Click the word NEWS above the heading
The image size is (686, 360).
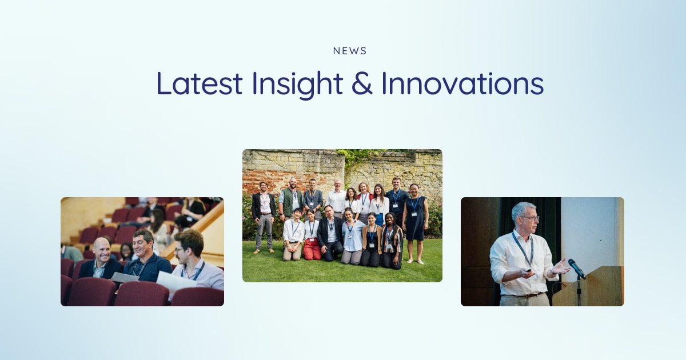[x=350, y=51]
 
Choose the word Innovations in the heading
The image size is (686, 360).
[x=462, y=83]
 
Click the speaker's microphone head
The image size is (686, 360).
[x=572, y=265]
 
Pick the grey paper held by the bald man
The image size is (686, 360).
[x=125, y=277]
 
